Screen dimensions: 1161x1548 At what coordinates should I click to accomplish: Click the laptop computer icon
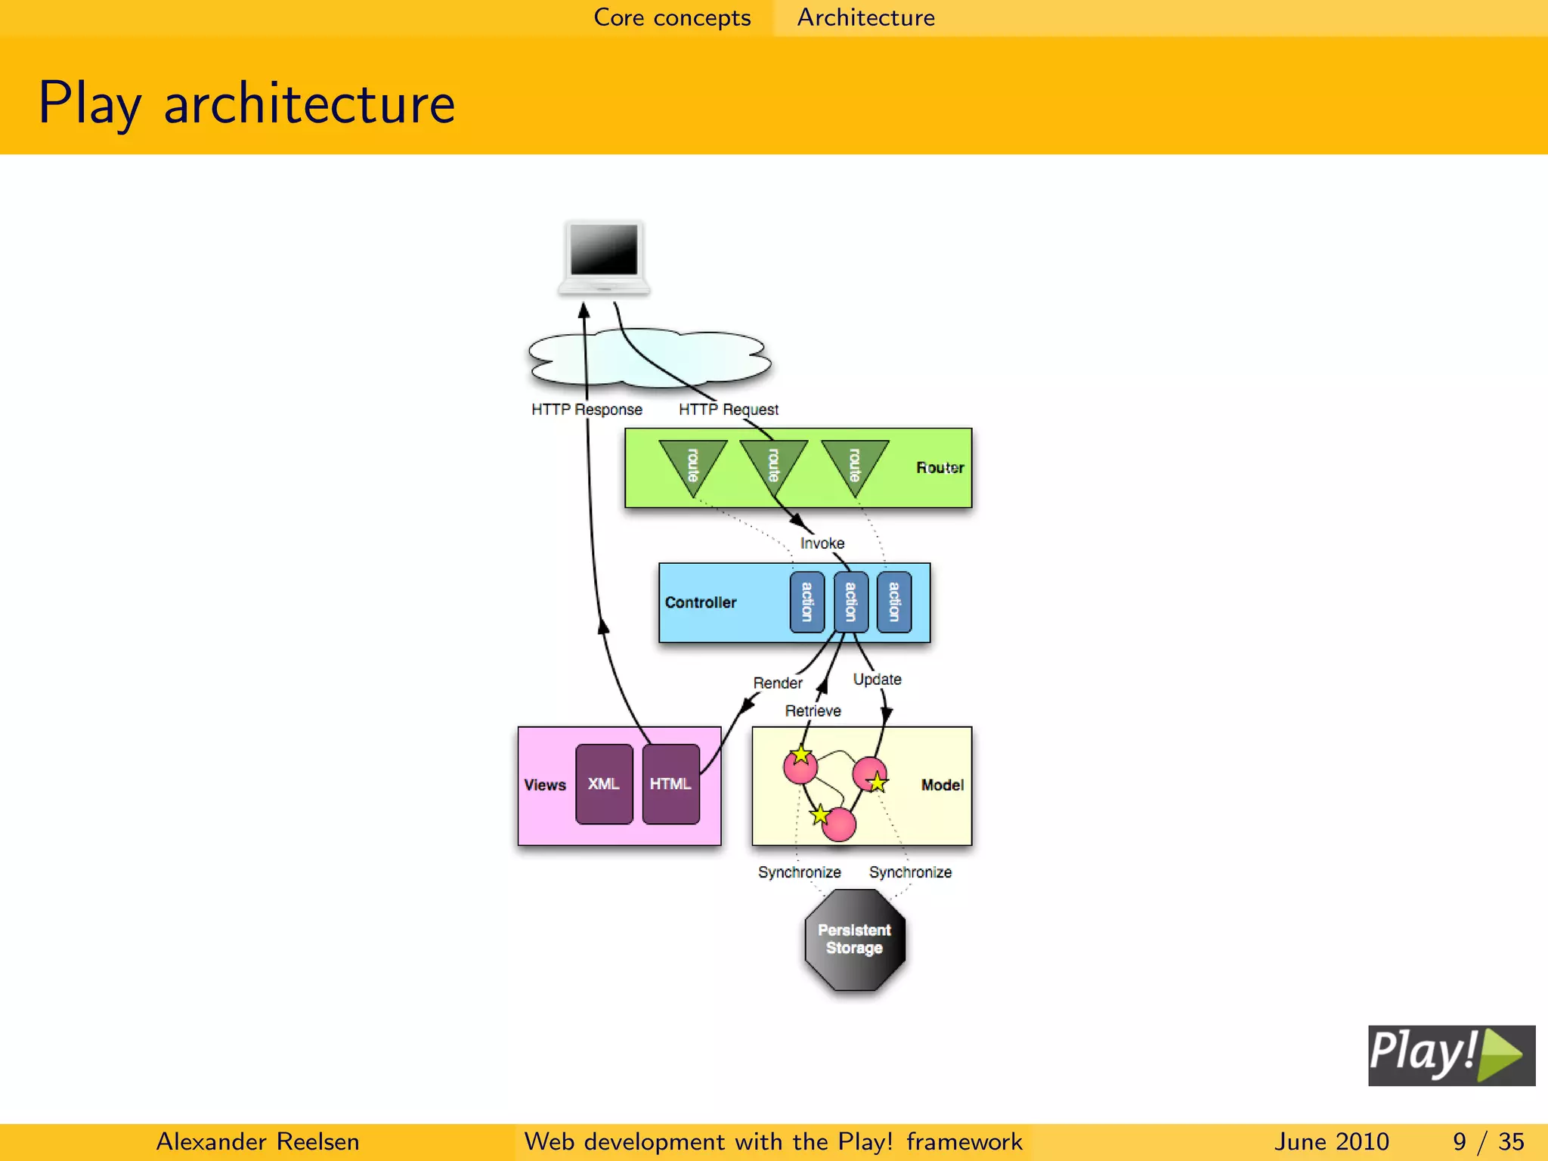[x=604, y=257]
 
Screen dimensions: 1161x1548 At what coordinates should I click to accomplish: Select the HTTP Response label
[x=587, y=410]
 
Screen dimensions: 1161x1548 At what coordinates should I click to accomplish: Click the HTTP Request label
[x=728, y=410]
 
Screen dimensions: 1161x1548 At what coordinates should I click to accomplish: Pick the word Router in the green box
[x=940, y=468]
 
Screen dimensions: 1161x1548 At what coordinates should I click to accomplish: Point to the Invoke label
[x=822, y=543]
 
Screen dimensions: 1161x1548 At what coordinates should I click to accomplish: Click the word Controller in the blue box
[x=701, y=602]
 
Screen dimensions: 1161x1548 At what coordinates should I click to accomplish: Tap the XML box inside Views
[x=604, y=784]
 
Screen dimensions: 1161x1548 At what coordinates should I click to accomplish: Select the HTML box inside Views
[x=670, y=784]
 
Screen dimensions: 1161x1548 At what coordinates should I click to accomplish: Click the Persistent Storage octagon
[x=855, y=940]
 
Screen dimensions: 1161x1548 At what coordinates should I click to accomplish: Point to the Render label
[x=778, y=683]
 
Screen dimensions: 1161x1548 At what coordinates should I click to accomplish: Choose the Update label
[x=877, y=680]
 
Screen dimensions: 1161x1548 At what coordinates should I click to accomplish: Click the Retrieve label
[x=813, y=711]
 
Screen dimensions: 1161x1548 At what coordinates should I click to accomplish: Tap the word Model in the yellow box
[x=942, y=785]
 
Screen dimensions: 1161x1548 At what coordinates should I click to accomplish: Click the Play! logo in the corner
[x=1451, y=1055]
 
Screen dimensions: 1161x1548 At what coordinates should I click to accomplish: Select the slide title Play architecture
[x=246, y=103]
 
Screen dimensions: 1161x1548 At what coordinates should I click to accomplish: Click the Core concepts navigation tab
[x=672, y=17]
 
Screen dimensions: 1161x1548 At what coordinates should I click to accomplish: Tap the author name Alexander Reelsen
[x=257, y=1141]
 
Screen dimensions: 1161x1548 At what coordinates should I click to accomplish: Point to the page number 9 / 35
[x=1488, y=1141]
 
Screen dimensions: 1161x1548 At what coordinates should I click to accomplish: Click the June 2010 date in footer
[x=1331, y=1141]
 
